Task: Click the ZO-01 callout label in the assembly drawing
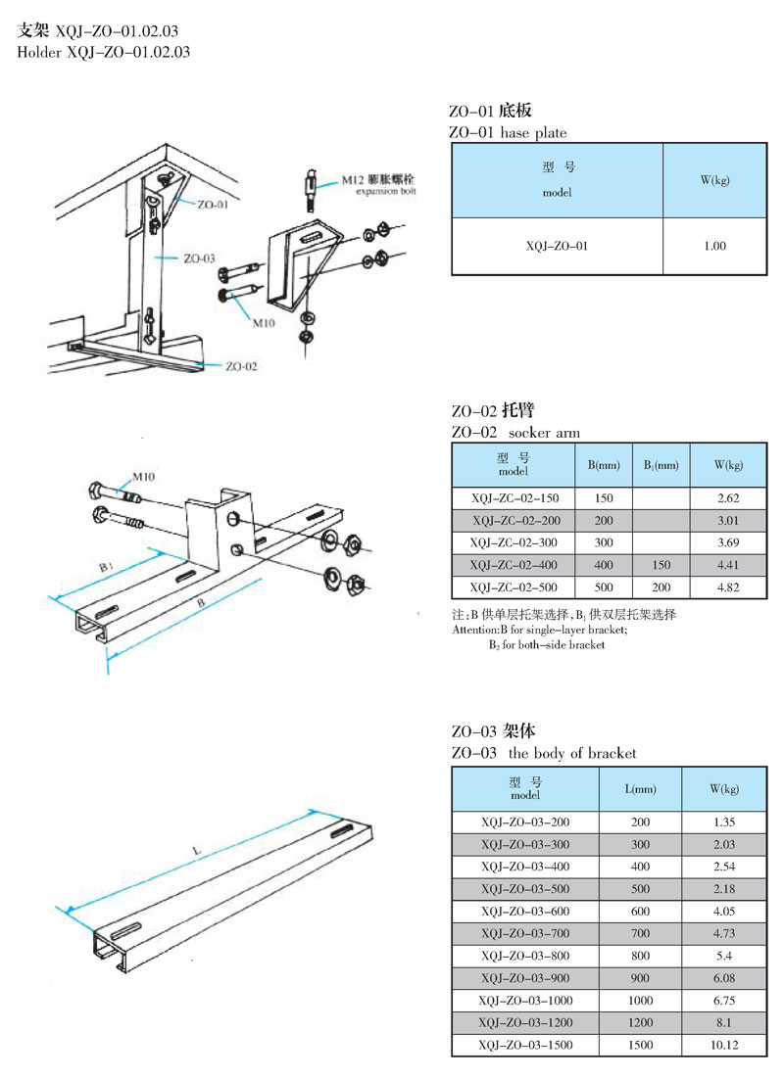[x=212, y=206]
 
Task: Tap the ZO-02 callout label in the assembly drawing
[x=241, y=366]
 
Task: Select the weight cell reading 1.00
[x=714, y=246]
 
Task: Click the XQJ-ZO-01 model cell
[x=557, y=246]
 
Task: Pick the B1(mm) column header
[x=661, y=464]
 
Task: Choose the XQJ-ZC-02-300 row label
[x=515, y=541]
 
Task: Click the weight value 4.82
[x=727, y=588]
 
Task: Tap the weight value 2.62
[x=727, y=497]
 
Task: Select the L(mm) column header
[x=641, y=788]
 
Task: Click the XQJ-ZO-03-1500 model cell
[x=525, y=1046]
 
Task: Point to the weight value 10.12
[x=725, y=1046]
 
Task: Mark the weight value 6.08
[x=725, y=977]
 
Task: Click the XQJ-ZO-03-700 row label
[x=525, y=932]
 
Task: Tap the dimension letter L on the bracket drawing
[x=196, y=852]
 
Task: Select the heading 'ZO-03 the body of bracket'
[x=544, y=753]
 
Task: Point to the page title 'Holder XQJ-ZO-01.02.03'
[x=104, y=52]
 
